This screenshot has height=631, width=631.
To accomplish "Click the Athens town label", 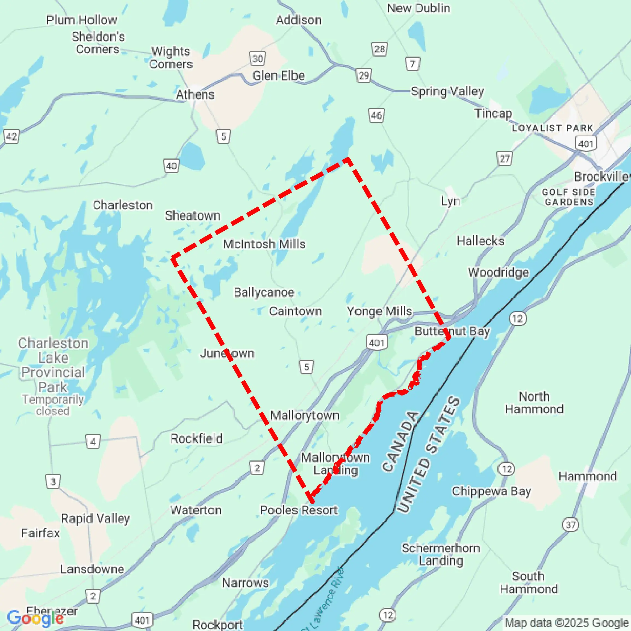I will (x=195, y=95).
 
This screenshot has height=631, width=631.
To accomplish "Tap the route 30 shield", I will (x=257, y=59).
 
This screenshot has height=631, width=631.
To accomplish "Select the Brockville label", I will (x=601, y=177).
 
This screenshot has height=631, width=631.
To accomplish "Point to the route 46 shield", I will (x=376, y=115).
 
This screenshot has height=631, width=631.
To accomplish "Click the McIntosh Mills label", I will (x=264, y=244).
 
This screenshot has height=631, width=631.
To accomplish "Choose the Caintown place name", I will (x=295, y=312).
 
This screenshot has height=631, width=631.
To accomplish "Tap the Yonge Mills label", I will (x=379, y=312).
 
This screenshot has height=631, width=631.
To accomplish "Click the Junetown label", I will (x=227, y=354).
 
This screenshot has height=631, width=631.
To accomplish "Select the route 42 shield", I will (x=11, y=136).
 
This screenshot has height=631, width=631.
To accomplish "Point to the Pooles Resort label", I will (x=299, y=510).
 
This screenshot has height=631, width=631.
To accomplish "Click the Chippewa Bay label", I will (x=491, y=491).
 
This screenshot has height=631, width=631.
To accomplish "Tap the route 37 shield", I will (x=570, y=525).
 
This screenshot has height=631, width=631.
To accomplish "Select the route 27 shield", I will (x=504, y=159).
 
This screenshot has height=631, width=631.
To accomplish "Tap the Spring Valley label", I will (x=447, y=92).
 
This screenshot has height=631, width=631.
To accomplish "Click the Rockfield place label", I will (x=196, y=439).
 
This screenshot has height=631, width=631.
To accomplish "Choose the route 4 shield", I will (x=93, y=442).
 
